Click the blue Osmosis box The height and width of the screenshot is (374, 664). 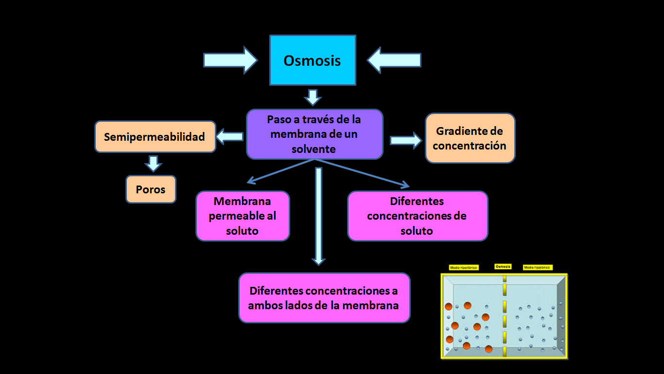(313, 60)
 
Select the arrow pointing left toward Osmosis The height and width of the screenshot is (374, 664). (394, 60)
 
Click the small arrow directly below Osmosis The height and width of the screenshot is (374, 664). (313, 97)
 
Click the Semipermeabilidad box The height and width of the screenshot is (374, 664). (155, 137)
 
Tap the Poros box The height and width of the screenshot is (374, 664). (151, 189)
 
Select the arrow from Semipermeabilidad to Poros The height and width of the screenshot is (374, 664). (153, 163)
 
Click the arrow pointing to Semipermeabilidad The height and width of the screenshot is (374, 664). (229, 137)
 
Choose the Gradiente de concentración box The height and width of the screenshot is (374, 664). (470, 138)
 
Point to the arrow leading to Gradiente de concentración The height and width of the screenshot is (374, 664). (406, 140)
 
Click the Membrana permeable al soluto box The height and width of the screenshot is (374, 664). (243, 216)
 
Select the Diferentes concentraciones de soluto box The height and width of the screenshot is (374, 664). (417, 216)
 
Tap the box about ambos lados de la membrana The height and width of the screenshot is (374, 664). (324, 298)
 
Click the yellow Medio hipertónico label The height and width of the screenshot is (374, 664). (464, 267)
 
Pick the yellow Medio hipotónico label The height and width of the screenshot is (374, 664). (538, 267)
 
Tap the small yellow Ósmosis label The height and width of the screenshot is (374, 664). (503, 266)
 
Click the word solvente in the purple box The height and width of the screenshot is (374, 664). (314, 149)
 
